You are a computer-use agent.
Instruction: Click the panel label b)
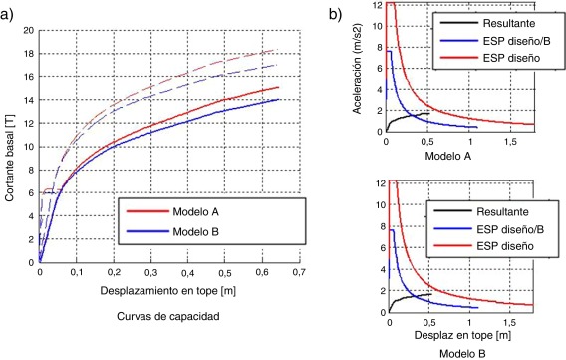(x=342, y=12)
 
